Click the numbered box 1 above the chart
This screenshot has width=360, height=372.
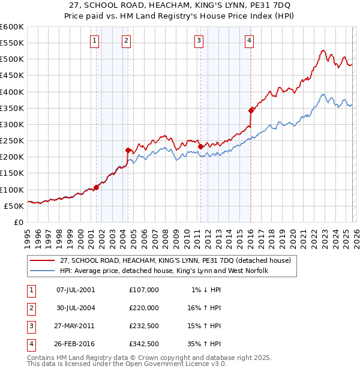pyautogui.click(x=95, y=41)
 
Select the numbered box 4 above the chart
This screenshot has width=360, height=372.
pyautogui.click(x=248, y=41)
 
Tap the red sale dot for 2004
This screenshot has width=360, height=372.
pyautogui.click(x=128, y=150)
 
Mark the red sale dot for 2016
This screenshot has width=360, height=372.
pyautogui.click(x=251, y=110)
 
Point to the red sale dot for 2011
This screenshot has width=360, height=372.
pyautogui.click(x=200, y=146)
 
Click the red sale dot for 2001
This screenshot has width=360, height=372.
pyautogui.click(x=96, y=187)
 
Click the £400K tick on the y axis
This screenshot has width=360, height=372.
pyautogui.click(x=11, y=92)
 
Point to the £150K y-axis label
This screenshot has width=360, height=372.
pyautogui.click(x=11, y=173)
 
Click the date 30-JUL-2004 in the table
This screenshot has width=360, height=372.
pyautogui.click(x=75, y=307)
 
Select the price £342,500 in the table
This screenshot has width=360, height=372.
pyautogui.click(x=144, y=344)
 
